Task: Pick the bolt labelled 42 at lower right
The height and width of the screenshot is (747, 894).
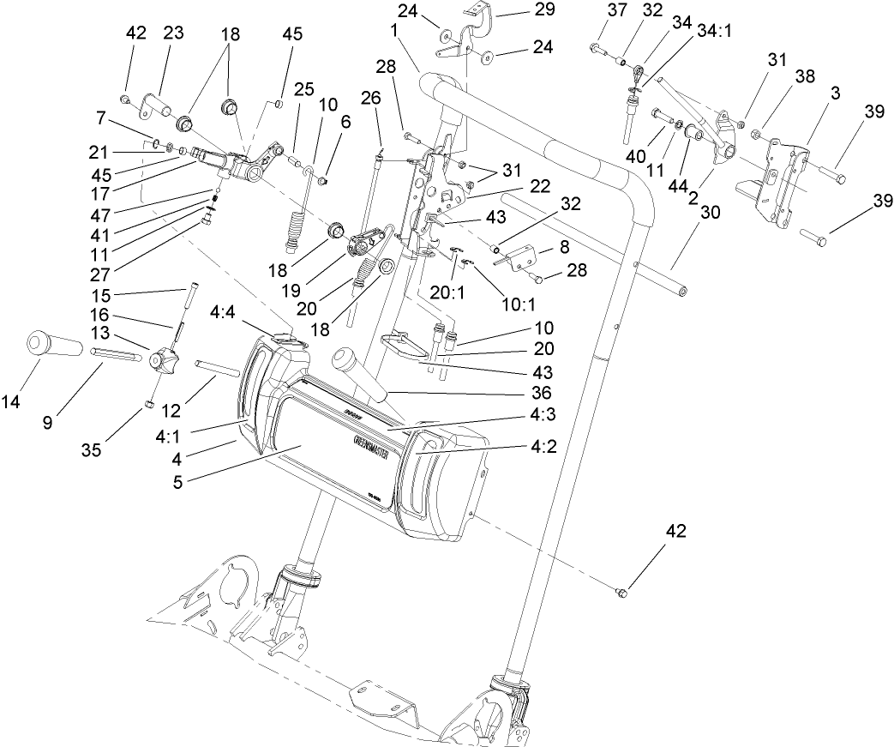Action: (x=623, y=593)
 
